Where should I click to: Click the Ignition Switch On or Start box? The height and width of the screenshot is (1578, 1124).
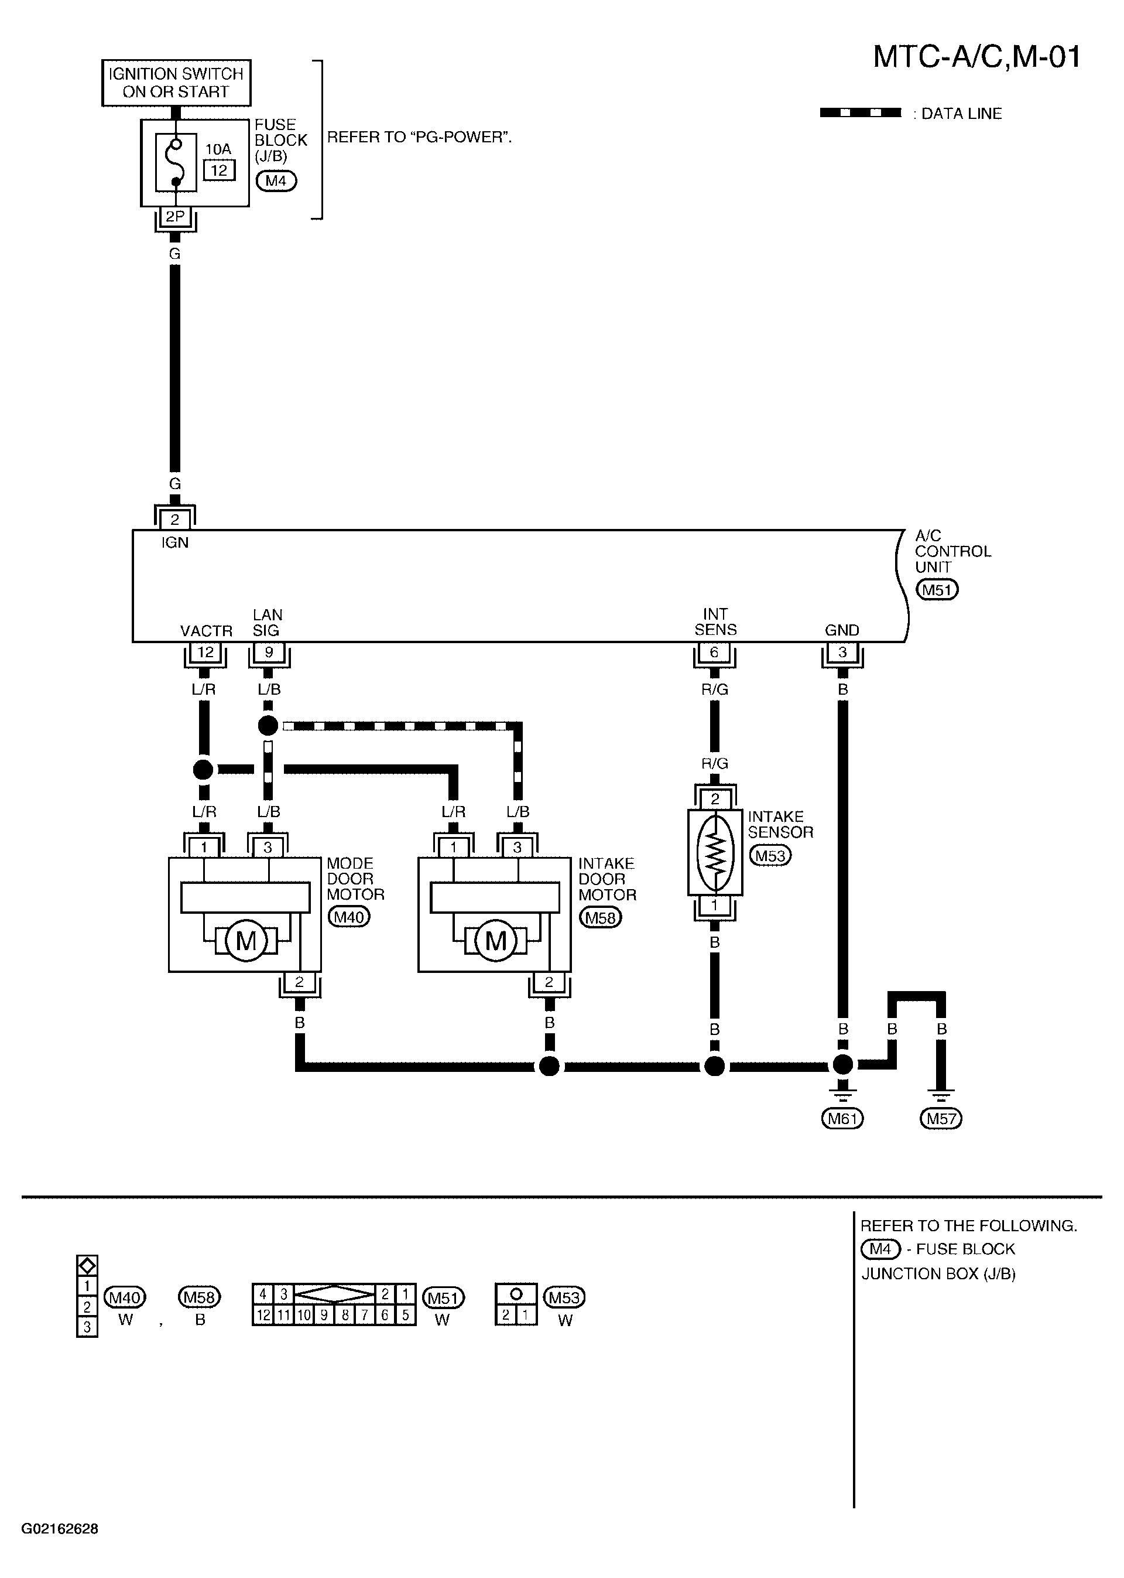point(176,83)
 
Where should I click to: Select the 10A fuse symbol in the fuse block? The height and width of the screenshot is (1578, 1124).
point(176,163)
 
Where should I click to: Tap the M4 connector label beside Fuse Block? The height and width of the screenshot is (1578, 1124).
point(276,182)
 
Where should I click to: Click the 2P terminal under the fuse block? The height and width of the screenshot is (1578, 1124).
point(175,217)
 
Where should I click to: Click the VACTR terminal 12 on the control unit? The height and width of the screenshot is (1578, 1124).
point(205,653)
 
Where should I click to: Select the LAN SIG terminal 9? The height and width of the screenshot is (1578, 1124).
point(269,653)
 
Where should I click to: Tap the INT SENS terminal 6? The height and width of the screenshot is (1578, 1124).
point(714,653)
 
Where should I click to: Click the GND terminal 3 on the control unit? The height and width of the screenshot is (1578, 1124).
point(842,653)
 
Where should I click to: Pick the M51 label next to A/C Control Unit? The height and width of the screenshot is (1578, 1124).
point(937,590)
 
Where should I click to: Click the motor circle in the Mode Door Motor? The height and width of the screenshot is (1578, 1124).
point(246,941)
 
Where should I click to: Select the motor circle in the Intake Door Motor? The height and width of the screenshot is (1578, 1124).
point(496,941)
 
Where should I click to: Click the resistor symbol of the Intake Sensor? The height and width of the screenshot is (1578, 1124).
point(715,853)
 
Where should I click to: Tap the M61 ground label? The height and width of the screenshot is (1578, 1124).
point(842,1118)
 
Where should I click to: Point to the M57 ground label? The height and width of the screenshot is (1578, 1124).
point(941,1118)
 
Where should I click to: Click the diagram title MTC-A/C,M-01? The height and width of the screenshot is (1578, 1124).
point(976,57)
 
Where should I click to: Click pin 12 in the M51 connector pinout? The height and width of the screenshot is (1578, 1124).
point(263,1315)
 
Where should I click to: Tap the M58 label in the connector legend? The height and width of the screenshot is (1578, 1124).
point(199,1297)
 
